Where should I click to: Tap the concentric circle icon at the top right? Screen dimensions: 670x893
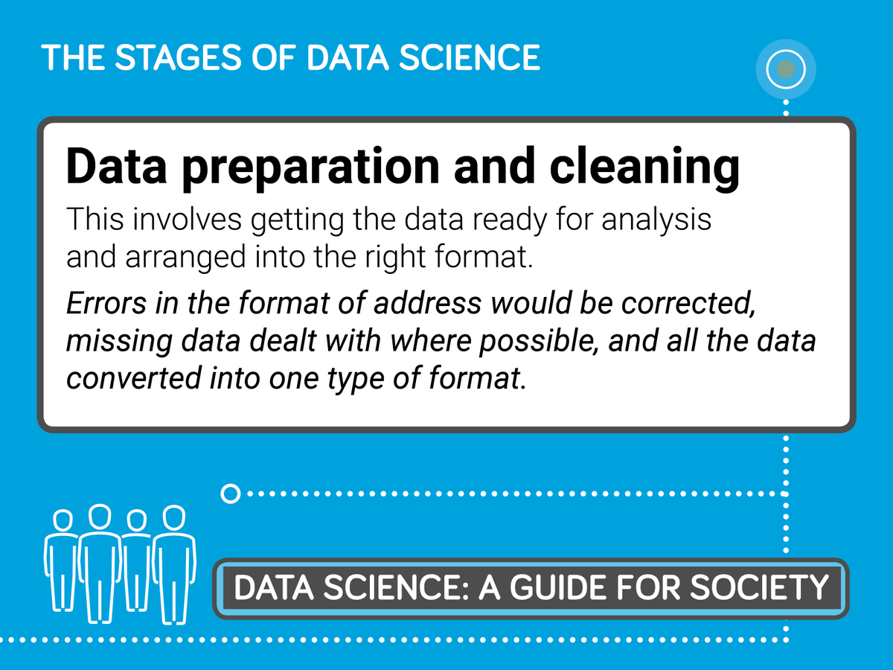[786, 70]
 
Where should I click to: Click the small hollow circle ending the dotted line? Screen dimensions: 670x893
[231, 493]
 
